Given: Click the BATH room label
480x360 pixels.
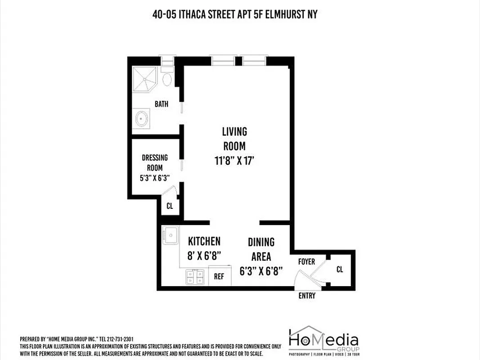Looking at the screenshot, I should coord(161,104).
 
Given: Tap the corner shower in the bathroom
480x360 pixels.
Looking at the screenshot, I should coord(144,78).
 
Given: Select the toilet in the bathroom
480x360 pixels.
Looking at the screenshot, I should coord(167,77).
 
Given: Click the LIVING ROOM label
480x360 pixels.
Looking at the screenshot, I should coord(234,139).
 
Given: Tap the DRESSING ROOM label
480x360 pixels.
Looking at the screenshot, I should coord(154,162).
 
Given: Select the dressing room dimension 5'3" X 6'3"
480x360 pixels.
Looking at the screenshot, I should coord(154,177).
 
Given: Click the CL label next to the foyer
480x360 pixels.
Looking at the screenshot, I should coord(340,269).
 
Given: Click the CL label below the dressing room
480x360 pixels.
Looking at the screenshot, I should coord(170,207).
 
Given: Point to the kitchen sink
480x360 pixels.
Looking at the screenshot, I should coord(170,234).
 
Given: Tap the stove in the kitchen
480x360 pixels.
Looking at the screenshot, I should coord(195,276).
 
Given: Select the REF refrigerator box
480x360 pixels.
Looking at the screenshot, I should coord(219,276).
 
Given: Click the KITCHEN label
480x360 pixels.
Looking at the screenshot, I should coord(204,241).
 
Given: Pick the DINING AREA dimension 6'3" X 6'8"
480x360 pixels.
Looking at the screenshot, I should coord(261,271).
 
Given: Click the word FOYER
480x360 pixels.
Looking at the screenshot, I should coord(306,261).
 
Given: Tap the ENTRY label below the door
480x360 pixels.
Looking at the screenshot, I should coord(307,296).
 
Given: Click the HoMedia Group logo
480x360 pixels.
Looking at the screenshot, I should coord(323,340).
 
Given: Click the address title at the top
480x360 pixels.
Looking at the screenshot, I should coord(235,14).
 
